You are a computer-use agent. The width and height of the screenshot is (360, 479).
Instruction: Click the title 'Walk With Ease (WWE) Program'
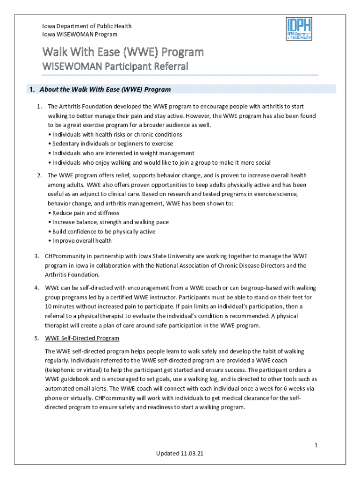click(x=123, y=51)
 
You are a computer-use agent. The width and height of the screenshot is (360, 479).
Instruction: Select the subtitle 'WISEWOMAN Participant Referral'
click(x=115, y=66)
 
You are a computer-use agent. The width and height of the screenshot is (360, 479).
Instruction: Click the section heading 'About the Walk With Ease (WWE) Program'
click(x=105, y=89)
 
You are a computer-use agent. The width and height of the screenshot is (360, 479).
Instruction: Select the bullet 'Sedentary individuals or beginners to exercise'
click(x=112, y=144)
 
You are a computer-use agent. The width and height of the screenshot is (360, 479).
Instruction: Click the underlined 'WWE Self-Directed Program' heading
click(x=82, y=338)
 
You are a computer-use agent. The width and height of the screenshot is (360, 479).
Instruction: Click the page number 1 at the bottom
click(x=316, y=445)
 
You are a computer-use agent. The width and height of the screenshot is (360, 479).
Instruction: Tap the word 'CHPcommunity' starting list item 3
click(x=65, y=256)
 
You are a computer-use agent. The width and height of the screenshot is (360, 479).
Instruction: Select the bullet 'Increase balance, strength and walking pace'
click(x=110, y=222)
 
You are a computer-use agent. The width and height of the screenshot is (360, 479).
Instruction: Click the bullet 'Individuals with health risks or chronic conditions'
click(x=117, y=134)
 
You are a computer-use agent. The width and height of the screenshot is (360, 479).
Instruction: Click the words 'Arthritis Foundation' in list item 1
click(x=89, y=106)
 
